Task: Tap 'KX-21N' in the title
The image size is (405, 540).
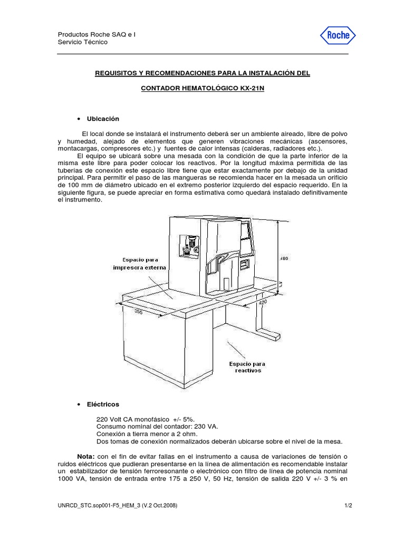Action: point(251,90)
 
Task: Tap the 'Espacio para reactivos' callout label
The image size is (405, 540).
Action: point(247,367)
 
